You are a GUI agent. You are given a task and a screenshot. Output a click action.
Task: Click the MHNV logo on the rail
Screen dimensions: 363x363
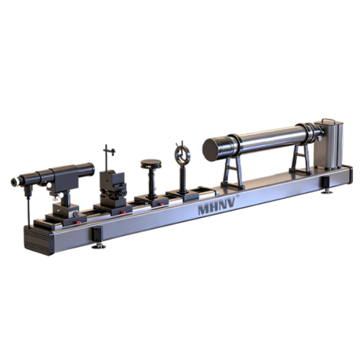tap(217, 206)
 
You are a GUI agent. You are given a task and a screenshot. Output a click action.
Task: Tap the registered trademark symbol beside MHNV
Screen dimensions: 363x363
tap(238, 195)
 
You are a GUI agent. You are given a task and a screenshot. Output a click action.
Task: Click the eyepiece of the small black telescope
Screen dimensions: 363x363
tap(15, 181)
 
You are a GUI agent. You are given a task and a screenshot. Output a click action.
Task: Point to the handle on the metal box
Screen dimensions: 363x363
tap(329, 120)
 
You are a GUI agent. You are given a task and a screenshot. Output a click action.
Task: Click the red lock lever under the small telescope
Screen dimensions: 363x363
tap(78, 223)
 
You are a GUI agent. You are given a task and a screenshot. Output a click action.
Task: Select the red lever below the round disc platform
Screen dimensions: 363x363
tap(161, 204)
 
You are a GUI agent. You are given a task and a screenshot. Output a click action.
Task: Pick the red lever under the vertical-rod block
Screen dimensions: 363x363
tap(123, 212)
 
